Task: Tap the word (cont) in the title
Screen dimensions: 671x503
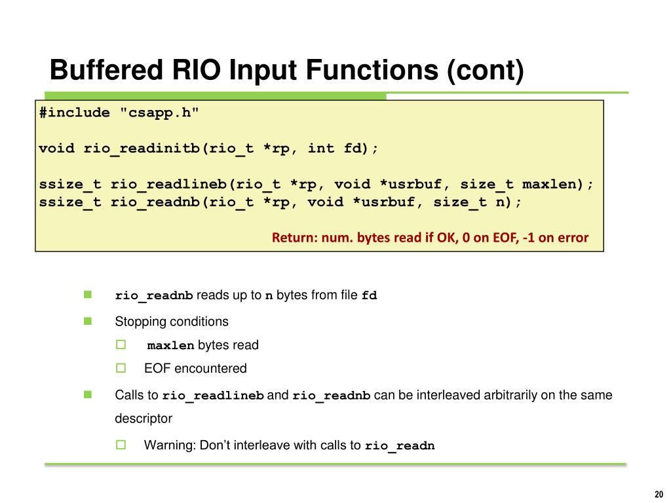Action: point(486,70)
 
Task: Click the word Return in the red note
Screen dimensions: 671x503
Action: point(293,237)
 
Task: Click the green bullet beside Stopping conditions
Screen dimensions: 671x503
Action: point(86,321)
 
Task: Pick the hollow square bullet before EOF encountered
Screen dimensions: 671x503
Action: point(121,368)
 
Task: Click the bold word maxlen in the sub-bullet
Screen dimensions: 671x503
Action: point(170,345)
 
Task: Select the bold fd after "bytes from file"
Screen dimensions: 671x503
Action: point(370,295)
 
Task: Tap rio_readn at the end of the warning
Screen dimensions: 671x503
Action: point(400,446)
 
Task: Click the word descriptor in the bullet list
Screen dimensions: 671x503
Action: point(144,418)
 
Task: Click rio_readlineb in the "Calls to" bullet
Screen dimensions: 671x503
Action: point(213,396)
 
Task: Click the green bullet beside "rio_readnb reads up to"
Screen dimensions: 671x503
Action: point(86,295)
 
